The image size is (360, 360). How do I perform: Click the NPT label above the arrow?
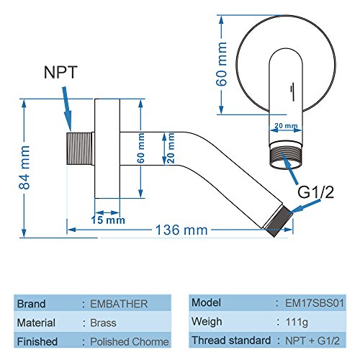60,72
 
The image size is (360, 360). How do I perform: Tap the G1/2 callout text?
315,192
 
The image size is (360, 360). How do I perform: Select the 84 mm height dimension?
24,167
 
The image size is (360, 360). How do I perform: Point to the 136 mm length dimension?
181,230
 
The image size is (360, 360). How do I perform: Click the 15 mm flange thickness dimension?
108,220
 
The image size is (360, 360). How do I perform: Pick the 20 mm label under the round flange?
286,126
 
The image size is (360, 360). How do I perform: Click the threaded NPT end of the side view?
79,148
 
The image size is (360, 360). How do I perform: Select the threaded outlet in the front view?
286,157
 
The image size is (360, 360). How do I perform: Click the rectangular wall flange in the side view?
107,148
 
